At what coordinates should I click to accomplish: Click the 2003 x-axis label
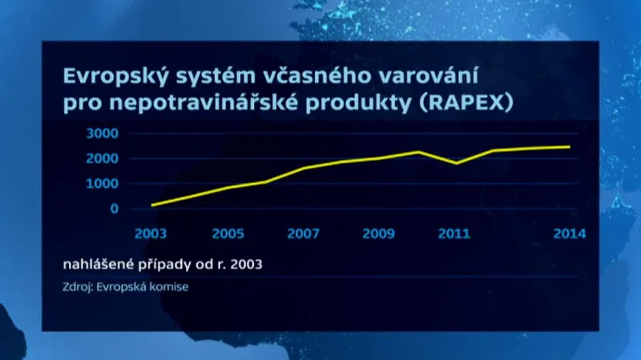(151, 234)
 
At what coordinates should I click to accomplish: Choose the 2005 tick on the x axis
(228, 234)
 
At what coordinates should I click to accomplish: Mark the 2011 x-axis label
(454, 234)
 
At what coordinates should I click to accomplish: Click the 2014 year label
(570, 234)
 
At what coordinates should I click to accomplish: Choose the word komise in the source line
(170, 286)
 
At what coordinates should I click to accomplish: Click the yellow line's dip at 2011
(455, 163)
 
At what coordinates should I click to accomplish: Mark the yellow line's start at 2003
(151, 204)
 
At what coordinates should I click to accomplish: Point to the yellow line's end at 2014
(570, 147)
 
